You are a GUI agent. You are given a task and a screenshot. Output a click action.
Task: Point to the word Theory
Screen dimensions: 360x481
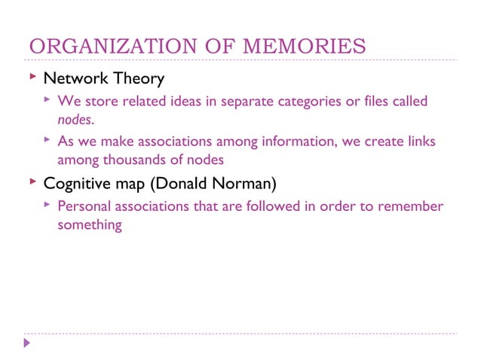[x=137, y=78]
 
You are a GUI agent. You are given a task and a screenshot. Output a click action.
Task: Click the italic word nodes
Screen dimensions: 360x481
[x=75, y=119]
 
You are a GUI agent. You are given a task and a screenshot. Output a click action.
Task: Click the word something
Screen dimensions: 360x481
[x=90, y=224]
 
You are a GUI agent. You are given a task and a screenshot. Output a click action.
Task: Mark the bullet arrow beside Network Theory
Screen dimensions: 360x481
[x=32, y=78]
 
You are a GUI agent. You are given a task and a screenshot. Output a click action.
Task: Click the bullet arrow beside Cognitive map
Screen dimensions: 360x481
[x=32, y=182]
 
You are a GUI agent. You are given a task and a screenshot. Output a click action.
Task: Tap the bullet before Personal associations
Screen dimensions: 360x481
[x=47, y=205]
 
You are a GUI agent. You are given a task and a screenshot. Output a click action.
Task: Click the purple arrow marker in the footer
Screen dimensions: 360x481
[x=27, y=343]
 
